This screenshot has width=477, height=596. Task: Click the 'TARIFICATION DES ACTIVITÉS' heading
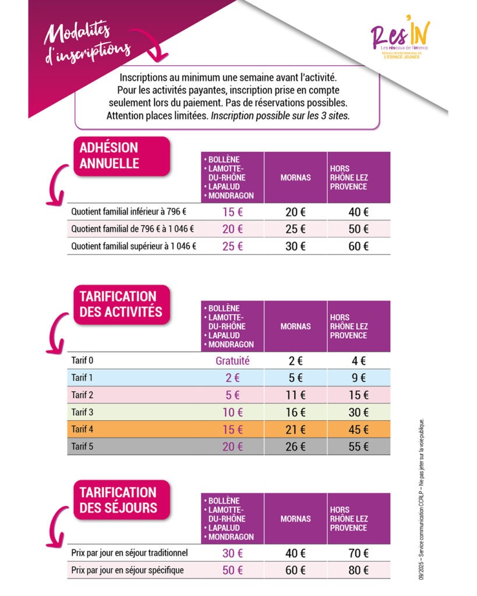(x=121, y=304)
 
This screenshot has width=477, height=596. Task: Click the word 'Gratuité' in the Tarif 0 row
(x=232, y=361)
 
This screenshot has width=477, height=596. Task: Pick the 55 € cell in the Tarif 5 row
(x=358, y=447)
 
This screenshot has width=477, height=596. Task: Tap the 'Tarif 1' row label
(x=82, y=378)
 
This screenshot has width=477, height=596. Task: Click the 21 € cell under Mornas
(x=295, y=430)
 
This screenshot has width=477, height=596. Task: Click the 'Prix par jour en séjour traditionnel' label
(x=129, y=552)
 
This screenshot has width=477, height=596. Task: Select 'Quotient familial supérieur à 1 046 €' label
(x=133, y=246)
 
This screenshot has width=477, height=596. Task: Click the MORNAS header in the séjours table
(x=295, y=519)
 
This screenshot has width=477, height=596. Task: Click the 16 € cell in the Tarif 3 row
(x=295, y=413)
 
